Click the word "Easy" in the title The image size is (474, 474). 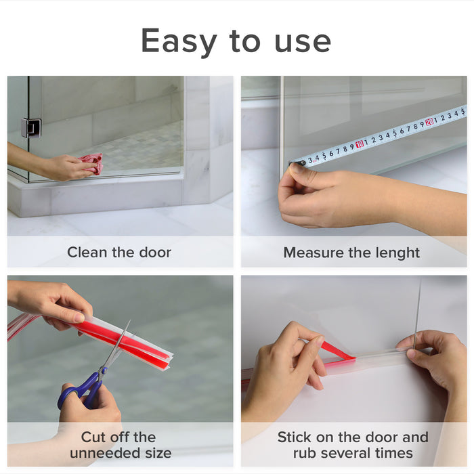click(x=179, y=42)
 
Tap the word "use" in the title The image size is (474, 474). click(x=303, y=42)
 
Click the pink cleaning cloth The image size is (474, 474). click(x=93, y=163)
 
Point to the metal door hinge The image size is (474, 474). click(x=31, y=128)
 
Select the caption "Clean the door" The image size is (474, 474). click(x=119, y=252)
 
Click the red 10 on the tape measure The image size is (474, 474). click(x=360, y=144)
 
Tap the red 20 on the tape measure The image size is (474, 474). click(x=429, y=122)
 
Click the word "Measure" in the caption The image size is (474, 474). click(x=314, y=253)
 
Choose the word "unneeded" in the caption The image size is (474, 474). click(x=104, y=453)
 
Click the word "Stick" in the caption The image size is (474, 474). click(x=295, y=437)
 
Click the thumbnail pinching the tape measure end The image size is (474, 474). click(x=299, y=168)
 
